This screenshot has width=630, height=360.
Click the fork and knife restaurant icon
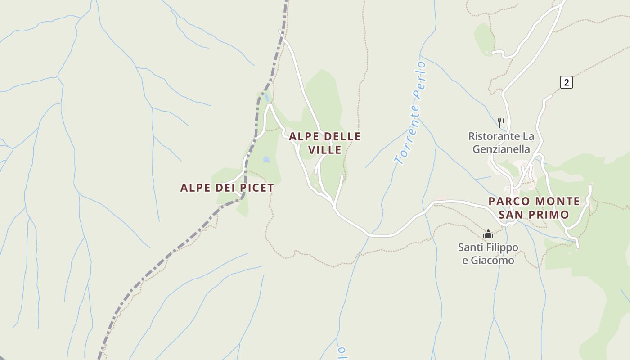[x=501, y=122]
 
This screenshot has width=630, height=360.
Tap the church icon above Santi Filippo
[x=488, y=234]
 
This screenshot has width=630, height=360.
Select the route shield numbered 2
[x=567, y=82]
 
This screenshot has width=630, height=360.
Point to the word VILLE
[x=325, y=150]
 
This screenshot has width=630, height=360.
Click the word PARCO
[x=509, y=201]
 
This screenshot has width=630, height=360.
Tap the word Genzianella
[x=501, y=149]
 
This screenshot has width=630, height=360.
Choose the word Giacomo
[x=493, y=260]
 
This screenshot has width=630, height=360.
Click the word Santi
[x=468, y=247]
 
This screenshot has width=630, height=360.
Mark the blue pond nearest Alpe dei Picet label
[x=266, y=159]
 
